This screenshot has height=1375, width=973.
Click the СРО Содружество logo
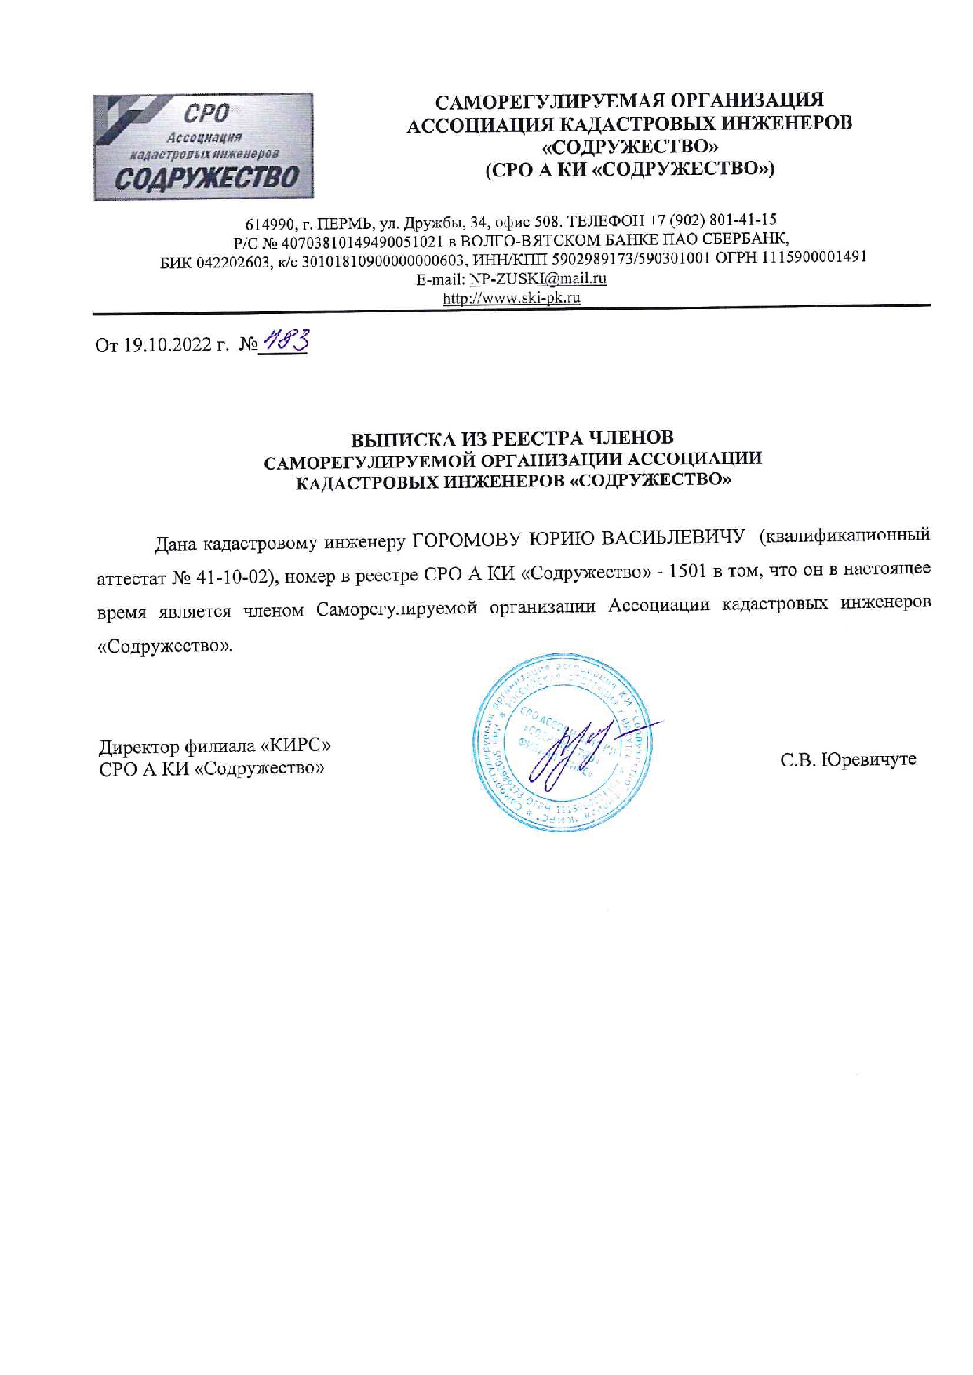[x=202, y=147]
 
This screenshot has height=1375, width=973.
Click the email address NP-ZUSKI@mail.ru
[x=538, y=278]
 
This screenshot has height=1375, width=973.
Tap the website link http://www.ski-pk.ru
[x=512, y=298]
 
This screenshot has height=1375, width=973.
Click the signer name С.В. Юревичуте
[x=847, y=759]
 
